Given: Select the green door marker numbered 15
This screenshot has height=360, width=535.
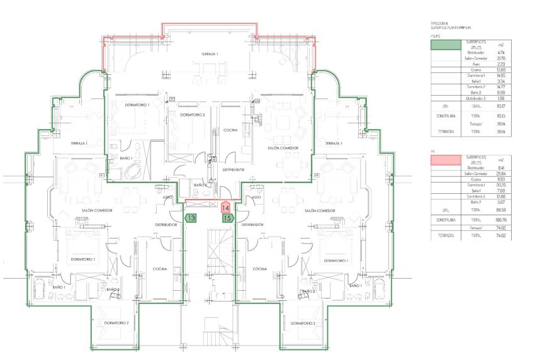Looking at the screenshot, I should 228,218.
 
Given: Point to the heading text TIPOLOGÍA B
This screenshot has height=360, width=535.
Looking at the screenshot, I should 441,23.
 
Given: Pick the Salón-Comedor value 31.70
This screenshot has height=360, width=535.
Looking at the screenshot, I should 501,59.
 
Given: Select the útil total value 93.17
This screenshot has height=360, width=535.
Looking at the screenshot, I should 501,106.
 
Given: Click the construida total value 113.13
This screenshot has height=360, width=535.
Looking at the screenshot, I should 501,116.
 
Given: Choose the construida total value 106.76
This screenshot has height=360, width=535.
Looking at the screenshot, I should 501,220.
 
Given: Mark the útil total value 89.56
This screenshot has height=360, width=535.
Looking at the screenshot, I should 501,210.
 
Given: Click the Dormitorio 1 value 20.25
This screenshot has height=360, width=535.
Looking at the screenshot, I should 501,185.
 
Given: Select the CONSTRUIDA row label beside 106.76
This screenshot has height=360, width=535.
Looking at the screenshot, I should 444,220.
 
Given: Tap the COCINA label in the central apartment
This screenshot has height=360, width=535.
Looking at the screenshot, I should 230,130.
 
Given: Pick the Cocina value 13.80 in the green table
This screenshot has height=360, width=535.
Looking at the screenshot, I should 501,70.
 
